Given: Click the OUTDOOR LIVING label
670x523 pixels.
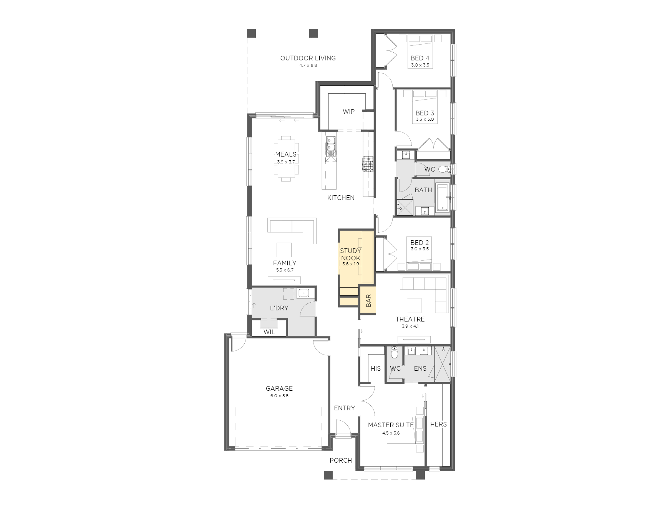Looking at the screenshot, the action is click(308, 58).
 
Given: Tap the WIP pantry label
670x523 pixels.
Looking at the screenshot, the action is click(348, 112).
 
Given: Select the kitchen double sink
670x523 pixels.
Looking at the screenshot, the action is click(330, 146).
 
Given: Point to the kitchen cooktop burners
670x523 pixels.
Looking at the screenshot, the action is click(368, 164).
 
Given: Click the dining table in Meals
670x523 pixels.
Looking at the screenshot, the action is click(285, 158).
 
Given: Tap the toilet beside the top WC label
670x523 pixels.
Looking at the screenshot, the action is click(444, 169).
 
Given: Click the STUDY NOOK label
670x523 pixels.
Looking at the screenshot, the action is click(350, 255).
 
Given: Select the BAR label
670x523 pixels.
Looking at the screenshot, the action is click(368, 301).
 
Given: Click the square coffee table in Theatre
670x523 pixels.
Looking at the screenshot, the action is click(414, 305).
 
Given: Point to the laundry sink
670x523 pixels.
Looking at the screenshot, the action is click(303, 293).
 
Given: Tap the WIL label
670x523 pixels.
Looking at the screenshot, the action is click(269, 332).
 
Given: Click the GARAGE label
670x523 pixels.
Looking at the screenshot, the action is click(279, 388).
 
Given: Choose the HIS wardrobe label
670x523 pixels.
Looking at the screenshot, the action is click(376, 368).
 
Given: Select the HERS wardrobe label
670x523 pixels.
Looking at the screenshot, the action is click(438, 424).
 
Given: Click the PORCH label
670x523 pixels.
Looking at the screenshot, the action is click(341, 460).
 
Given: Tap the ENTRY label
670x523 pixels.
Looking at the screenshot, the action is click(344, 408).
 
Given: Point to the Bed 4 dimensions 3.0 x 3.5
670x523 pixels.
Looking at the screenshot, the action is click(420, 65).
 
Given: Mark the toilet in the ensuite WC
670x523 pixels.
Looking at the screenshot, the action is click(394, 352).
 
